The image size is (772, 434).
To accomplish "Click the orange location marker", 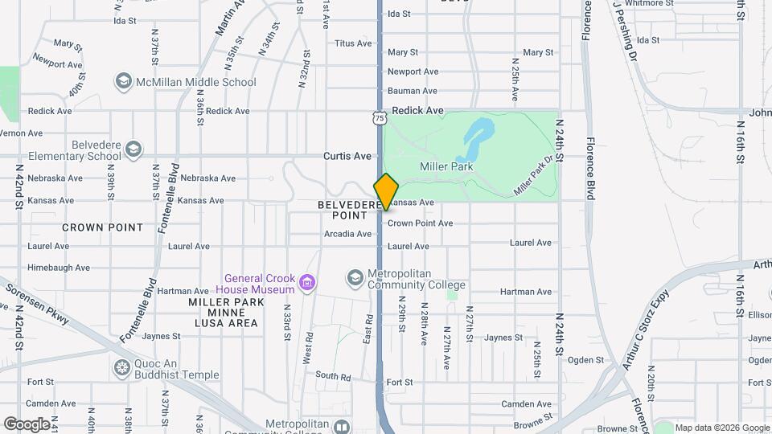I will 386,191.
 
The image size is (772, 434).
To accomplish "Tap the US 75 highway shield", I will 380,117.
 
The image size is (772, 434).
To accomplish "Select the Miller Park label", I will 446,166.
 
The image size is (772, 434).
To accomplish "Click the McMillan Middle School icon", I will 123,82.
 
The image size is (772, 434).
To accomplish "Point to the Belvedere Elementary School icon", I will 133,149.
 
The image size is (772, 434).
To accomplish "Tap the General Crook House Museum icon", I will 306,283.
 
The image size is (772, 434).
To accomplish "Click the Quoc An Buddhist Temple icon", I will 122,368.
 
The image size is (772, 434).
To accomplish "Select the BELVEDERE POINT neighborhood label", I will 349,211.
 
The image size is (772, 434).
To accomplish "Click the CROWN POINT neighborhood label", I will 103,227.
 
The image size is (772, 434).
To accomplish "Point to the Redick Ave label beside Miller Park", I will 418,110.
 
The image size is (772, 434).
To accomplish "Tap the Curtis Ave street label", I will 347,156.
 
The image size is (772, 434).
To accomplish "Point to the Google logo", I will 27,424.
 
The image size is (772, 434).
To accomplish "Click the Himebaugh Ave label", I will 59,268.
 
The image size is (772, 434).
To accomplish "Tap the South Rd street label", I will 333,376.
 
